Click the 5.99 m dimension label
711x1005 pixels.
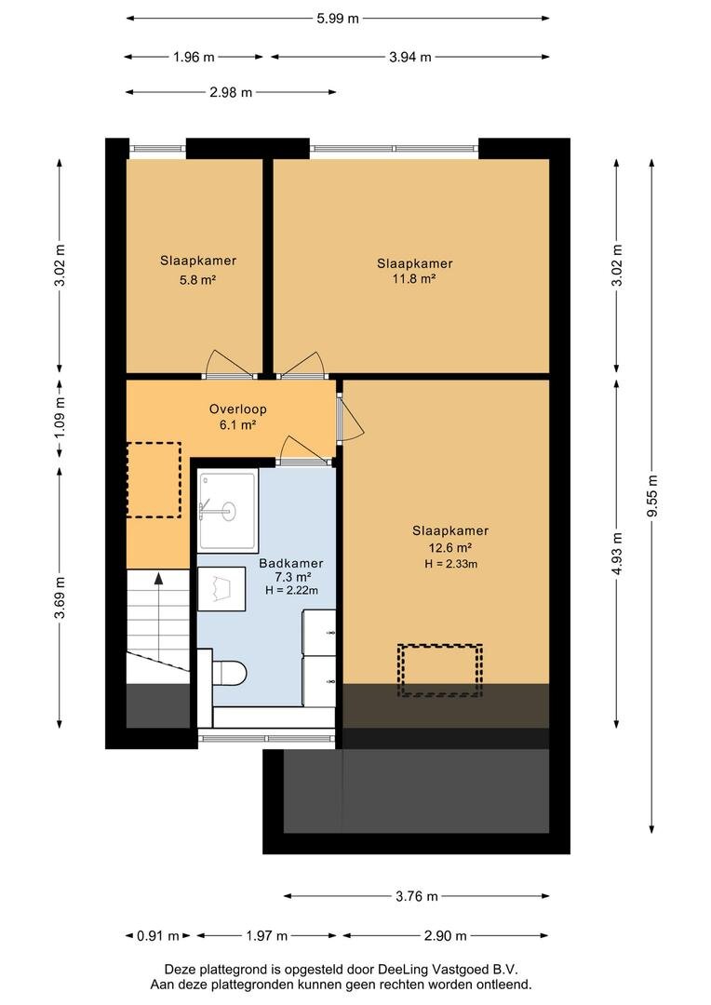(337, 19)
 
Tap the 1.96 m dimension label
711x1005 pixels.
(194, 57)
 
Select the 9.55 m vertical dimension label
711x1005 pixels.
(652, 496)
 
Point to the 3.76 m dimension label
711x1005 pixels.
(417, 896)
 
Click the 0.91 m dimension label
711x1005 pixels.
(158, 936)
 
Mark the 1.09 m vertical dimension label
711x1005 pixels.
(60, 418)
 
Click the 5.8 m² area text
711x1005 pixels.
(197, 279)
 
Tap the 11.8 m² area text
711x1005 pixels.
(414, 278)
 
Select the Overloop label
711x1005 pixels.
(238, 409)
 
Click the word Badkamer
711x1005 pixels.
(291, 563)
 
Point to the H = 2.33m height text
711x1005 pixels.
(450, 564)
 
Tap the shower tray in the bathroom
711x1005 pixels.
(228, 510)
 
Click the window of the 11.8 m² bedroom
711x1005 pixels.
(395, 149)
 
